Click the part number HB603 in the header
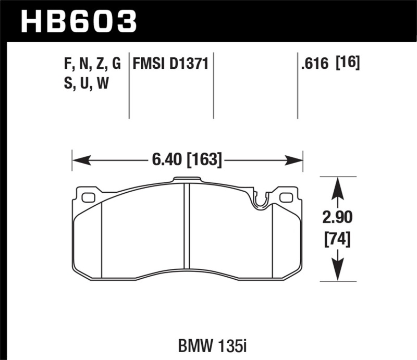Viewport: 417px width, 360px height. click(x=78, y=22)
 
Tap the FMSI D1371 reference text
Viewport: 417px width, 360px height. click(x=171, y=64)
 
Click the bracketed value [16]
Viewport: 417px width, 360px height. click(x=348, y=64)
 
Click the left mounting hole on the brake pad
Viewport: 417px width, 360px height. click(x=89, y=197)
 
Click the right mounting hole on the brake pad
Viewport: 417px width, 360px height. click(x=286, y=197)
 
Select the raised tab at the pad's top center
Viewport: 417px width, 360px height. click(x=187, y=181)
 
